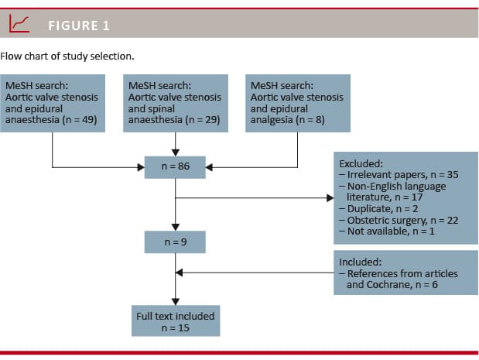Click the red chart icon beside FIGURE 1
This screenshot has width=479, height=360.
pos(19,23)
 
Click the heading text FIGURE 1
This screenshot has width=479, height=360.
pos(79,26)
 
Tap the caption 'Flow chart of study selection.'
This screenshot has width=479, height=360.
pos(67,57)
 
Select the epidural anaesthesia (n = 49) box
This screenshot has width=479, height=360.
pos(53,103)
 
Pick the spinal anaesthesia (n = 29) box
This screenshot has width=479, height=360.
pos(176,103)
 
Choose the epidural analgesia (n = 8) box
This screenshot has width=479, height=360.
pos(298,103)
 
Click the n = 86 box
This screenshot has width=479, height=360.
pos(175,167)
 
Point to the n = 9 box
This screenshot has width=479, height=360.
pos(175,242)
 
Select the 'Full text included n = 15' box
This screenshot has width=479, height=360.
pos(176,321)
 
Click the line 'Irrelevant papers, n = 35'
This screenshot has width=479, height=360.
pos(399,175)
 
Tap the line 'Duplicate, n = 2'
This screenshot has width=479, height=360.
pos(379,209)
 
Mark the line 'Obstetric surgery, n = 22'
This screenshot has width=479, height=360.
pos(399,221)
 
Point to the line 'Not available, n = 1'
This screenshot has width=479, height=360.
pos(387,231)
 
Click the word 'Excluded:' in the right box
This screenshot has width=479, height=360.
pos(361,164)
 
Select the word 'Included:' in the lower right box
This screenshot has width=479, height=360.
pos(361,262)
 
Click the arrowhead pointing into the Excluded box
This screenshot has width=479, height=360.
pos(330,198)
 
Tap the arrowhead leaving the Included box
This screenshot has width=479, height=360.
pos(180,273)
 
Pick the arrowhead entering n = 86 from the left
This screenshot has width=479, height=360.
pos(141,167)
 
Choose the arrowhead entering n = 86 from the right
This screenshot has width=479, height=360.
pos(209,167)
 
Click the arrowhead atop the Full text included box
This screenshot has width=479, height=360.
pos(176,302)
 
